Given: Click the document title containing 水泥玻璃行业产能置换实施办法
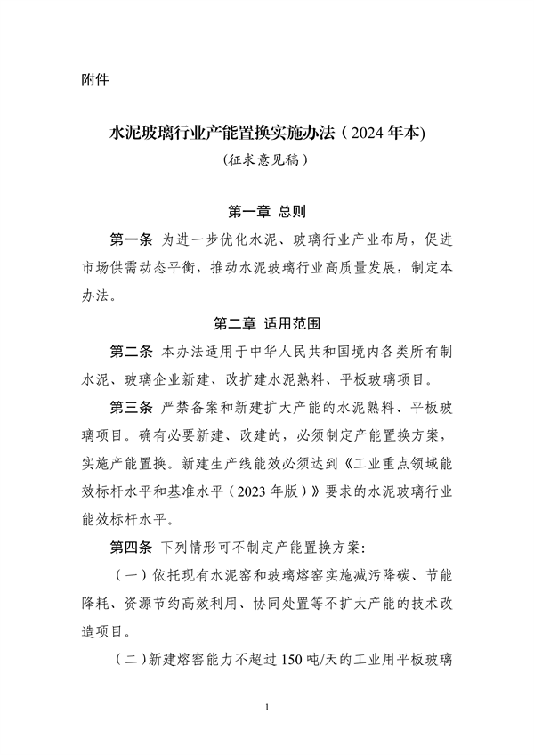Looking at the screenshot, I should [x=267, y=134].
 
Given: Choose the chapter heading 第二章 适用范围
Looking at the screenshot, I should [x=267, y=322].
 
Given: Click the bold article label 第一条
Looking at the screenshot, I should [x=129, y=240].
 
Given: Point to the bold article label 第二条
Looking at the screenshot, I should [x=129, y=350].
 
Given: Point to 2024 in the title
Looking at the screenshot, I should [x=369, y=134].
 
